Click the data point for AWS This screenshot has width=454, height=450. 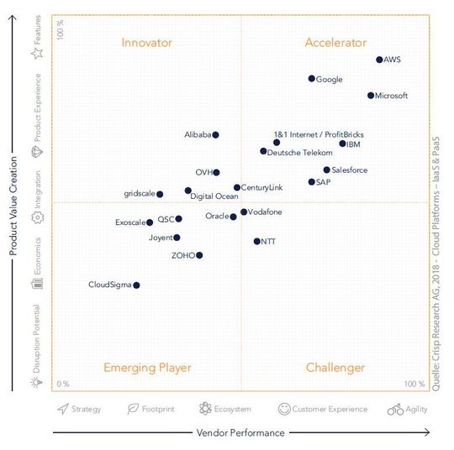[x=379, y=60]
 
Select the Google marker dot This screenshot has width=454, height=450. [x=311, y=79]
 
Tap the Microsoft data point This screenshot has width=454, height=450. [x=371, y=96]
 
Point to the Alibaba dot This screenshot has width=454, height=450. [x=215, y=134]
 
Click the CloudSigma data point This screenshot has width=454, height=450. [x=136, y=285]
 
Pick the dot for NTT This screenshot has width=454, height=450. [x=256, y=242]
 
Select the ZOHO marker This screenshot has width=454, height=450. [x=199, y=255]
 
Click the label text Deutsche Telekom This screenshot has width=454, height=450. [x=301, y=152]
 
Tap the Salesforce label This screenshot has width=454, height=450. [x=349, y=170]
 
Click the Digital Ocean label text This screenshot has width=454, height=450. [x=214, y=196]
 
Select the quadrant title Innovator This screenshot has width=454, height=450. [x=146, y=43]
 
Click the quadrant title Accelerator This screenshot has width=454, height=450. [x=335, y=43]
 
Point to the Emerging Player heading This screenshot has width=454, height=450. [x=147, y=368]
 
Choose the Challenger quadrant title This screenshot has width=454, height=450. [x=335, y=368]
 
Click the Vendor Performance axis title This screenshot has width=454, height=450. [x=240, y=433]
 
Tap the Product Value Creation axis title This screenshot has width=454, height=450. [x=13, y=203]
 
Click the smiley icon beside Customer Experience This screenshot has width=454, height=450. [x=284, y=409]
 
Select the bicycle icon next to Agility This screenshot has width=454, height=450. [x=396, y=409]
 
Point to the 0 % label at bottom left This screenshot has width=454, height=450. [x=63, y=384]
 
